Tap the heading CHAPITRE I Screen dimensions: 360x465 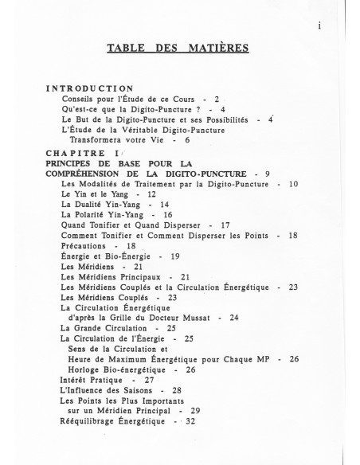(x=82, y=153)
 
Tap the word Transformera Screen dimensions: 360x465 (x=103, y=139)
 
